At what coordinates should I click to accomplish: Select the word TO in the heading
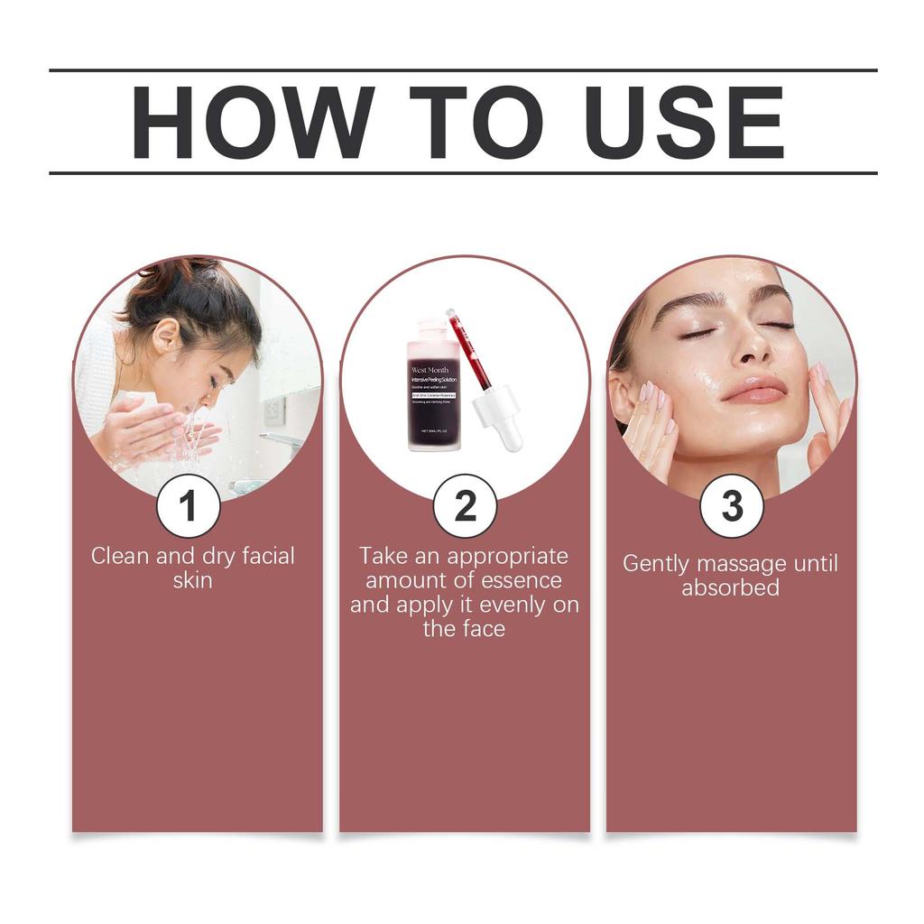[467, 123]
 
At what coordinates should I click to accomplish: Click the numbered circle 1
[188, 506]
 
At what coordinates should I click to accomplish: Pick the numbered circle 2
[465, 506]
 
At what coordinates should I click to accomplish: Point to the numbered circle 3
[732, 506]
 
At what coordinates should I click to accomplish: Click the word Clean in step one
[121, 556]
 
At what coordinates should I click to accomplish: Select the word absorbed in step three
[731, 588]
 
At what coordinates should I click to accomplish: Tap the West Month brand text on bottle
[430, 370]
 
